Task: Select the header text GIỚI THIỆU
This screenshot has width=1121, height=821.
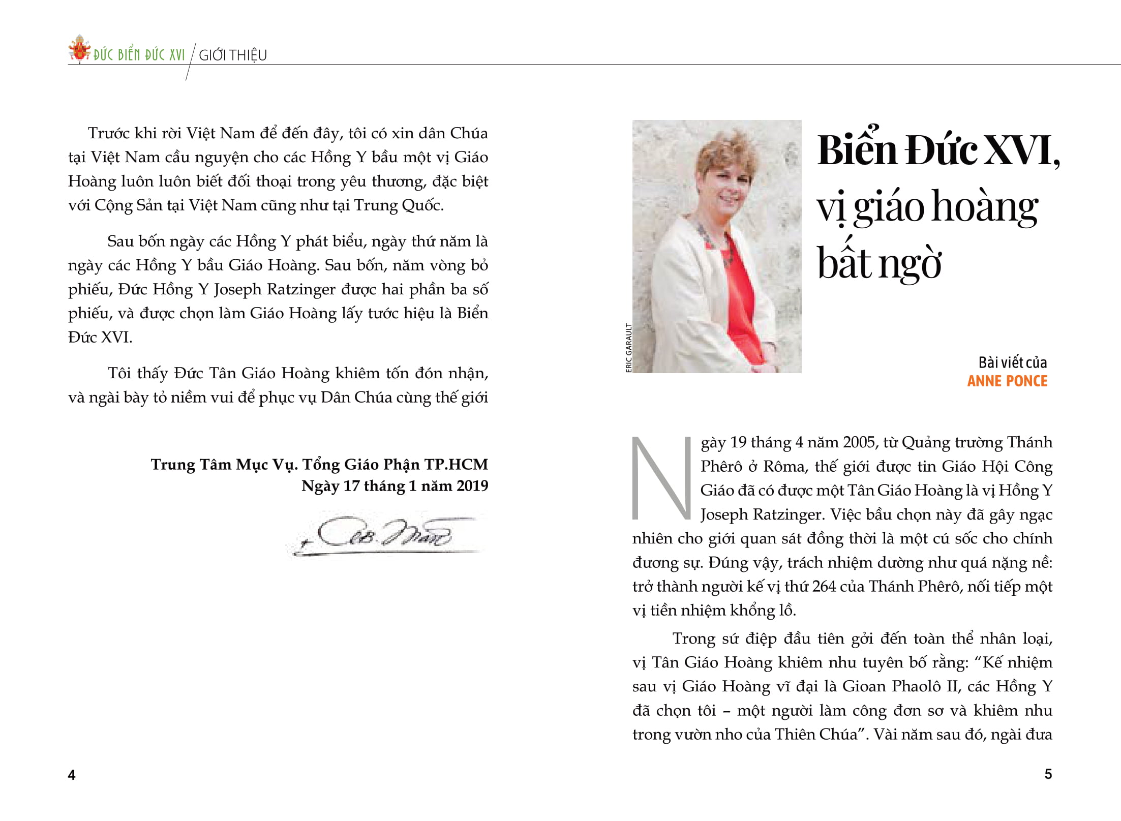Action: [x=233, y=55]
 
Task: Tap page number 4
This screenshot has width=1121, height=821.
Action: [x=72, y=775]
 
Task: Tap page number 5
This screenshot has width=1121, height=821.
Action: [x=1048, y=774]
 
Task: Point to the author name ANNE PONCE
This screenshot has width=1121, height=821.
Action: [x=1007, y=381]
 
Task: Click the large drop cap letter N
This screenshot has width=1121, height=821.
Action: [x=661, y=478]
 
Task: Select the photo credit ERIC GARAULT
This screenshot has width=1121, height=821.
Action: [x=628, y=348]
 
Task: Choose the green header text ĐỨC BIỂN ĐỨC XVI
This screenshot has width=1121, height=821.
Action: [x=139, y=55]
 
